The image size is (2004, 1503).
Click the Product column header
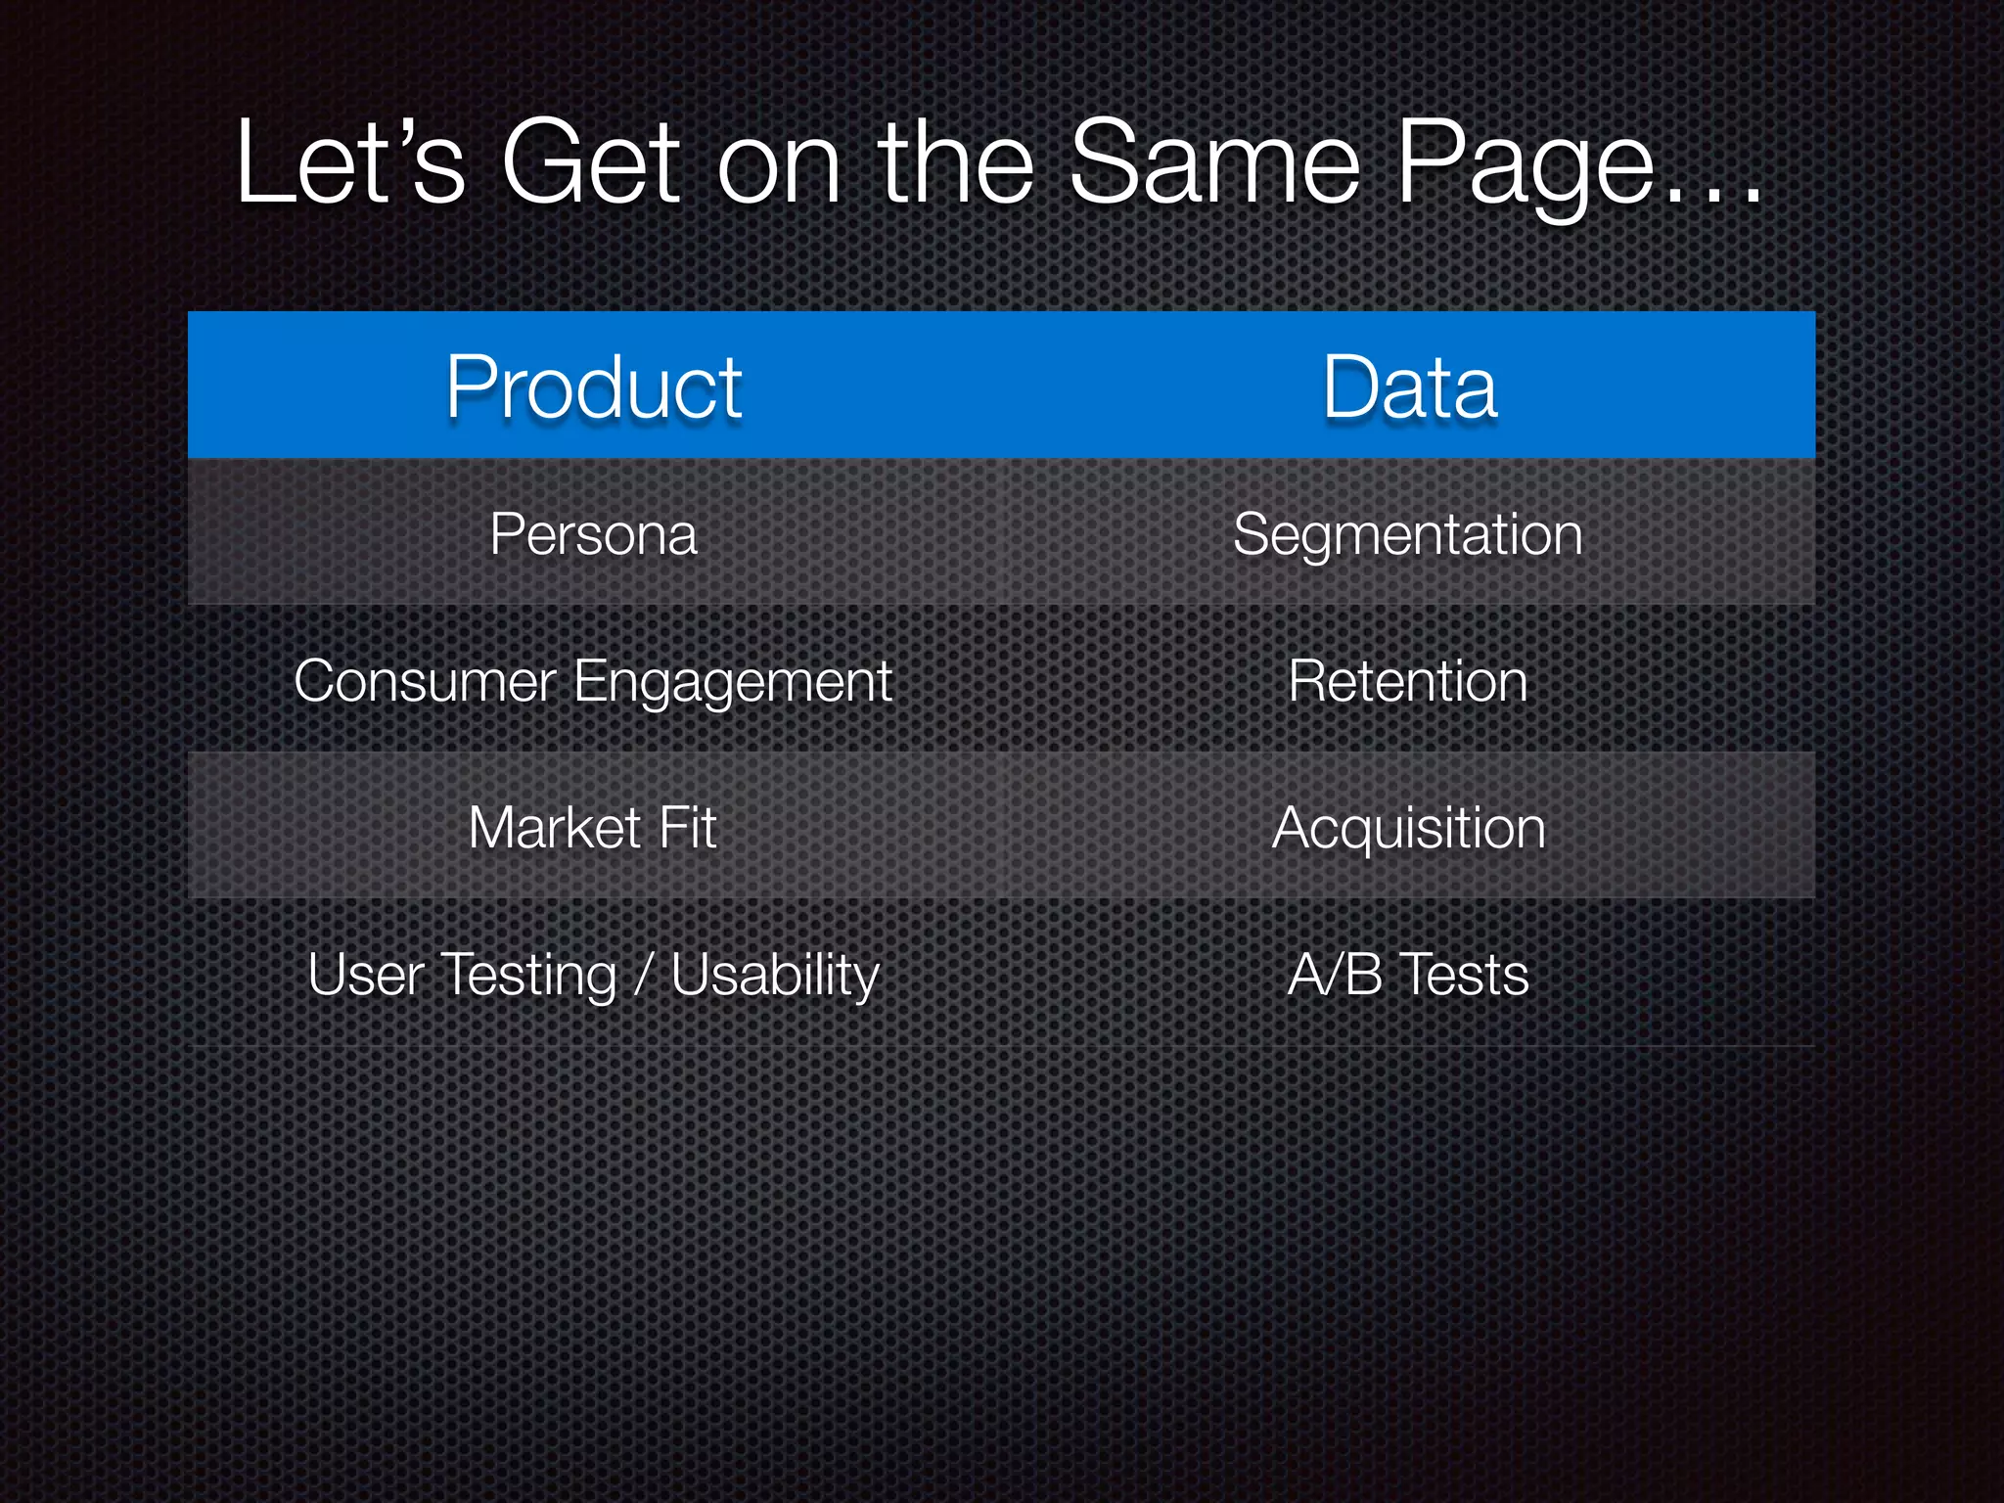(x=594, y=387)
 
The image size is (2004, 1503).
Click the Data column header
(x=1409, y=387)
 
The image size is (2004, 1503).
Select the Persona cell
(x=594, y=534)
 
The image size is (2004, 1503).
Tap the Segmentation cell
(x=1407, y=534)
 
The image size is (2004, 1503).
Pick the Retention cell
(x=1407, y=681)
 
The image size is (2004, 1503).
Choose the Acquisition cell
(x=1408, y=828)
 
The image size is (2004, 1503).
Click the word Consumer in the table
(x=425, y=681)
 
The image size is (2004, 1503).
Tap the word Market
(x=554, y=828)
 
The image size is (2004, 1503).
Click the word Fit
(x=688, y=828)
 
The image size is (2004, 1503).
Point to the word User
(x=365, y=975)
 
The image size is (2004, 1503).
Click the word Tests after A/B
(x=1463, y=975)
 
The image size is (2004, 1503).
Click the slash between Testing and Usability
(x=643, y=975)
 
